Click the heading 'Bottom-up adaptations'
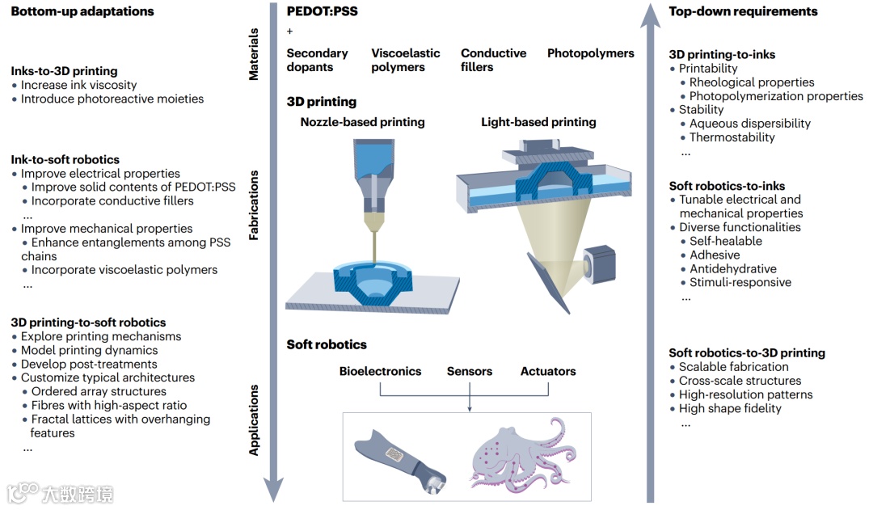point(82,12)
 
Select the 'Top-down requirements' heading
point(743,12)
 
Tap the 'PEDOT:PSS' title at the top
point(323,12)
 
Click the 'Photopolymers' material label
point(591,53)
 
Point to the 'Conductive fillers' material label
point(493,60)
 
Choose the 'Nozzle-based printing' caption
point(362,123)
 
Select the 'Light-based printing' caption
point(538,123)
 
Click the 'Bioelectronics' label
point(380,372)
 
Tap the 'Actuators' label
point(548,372)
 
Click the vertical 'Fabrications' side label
point(254,205)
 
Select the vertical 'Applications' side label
point(254,419)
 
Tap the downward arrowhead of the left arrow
point(274,489)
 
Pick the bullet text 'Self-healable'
point(725,241)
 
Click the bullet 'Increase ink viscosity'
point(78,85)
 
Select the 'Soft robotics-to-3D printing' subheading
point(747,353)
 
